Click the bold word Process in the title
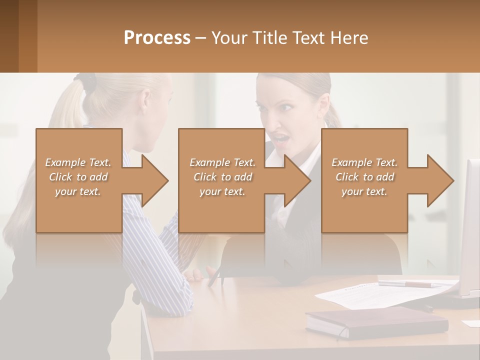[x=157, y=37]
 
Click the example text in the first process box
[x=78, y=177]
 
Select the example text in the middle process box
[x=222, y=177]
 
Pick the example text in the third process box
[x=364, y=177]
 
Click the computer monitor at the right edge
[x=470, y=230]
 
